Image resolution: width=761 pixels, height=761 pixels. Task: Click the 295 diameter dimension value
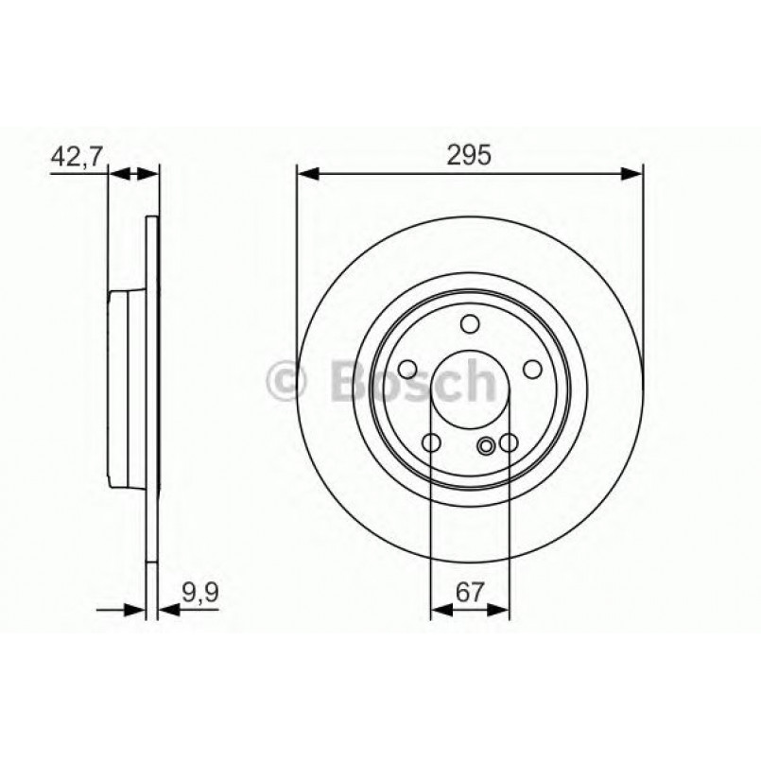pos(470,156)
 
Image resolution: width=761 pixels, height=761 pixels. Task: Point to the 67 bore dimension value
pos(470,593)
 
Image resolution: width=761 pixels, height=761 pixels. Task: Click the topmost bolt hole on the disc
pos(470,325)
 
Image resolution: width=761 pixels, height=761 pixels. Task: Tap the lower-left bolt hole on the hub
pos(431,442)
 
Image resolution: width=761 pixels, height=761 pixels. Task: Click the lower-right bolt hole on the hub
pos(509,442)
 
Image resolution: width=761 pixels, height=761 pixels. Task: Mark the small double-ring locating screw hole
pos(488,446)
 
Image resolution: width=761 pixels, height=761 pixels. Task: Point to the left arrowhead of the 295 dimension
pos(305,173)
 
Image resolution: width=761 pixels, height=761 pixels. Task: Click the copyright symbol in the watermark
pos(288,382)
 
